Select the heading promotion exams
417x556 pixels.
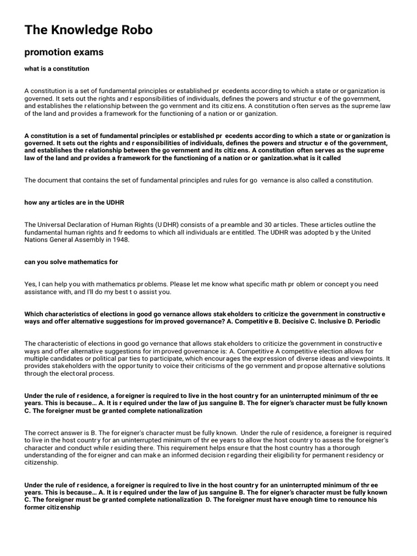tap(64, 53)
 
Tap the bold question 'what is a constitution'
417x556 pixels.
tap(56, 69)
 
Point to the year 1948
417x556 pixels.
tap(121, 240)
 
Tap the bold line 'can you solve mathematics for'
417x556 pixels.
tap(71, 262)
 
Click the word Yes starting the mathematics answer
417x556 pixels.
tap(30, 285)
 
